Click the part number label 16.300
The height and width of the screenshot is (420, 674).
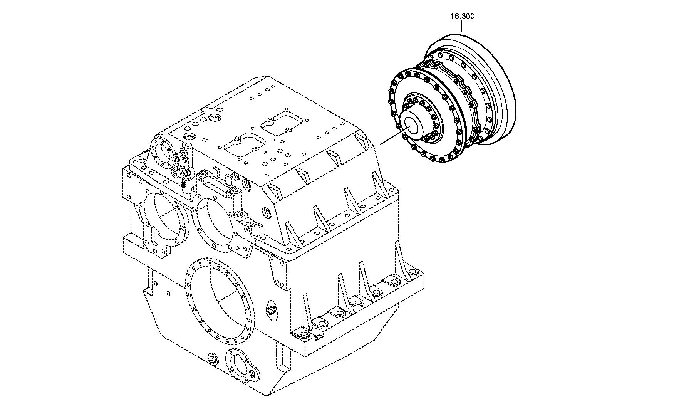[463, 16]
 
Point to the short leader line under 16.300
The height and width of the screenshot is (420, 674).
[461, 27]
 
